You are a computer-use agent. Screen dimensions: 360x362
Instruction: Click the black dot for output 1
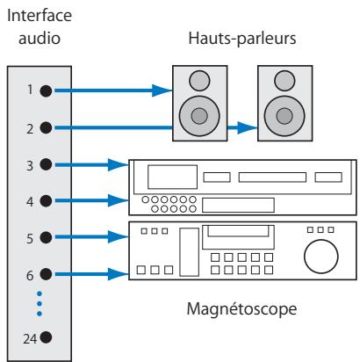46,90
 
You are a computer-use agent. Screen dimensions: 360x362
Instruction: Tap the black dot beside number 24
46,337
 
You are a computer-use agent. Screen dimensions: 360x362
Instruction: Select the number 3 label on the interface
30,166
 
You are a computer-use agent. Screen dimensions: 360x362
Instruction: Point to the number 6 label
30,276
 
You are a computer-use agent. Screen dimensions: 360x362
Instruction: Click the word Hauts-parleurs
242,39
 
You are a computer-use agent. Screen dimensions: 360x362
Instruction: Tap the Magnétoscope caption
241,309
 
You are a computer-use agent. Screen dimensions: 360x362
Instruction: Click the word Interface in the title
40,15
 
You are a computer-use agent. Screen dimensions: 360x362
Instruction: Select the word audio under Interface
40,39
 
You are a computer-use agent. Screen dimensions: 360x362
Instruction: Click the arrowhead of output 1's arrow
162,90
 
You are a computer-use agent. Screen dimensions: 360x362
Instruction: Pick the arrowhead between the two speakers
248,127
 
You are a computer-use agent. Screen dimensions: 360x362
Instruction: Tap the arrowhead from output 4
119,200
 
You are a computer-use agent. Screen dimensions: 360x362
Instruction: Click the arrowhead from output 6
119,274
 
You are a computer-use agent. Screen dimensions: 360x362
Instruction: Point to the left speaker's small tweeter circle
199,81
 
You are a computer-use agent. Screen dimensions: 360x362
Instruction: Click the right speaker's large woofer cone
284,116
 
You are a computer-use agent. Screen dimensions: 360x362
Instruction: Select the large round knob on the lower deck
321,257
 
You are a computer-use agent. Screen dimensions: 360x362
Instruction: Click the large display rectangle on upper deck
172,177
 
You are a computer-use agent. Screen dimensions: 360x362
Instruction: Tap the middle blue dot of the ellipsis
40,304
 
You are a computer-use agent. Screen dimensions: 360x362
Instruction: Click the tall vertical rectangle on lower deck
189,252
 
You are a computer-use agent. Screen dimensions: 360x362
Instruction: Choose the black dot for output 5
46,237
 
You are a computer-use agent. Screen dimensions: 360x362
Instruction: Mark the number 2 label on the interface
30,129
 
